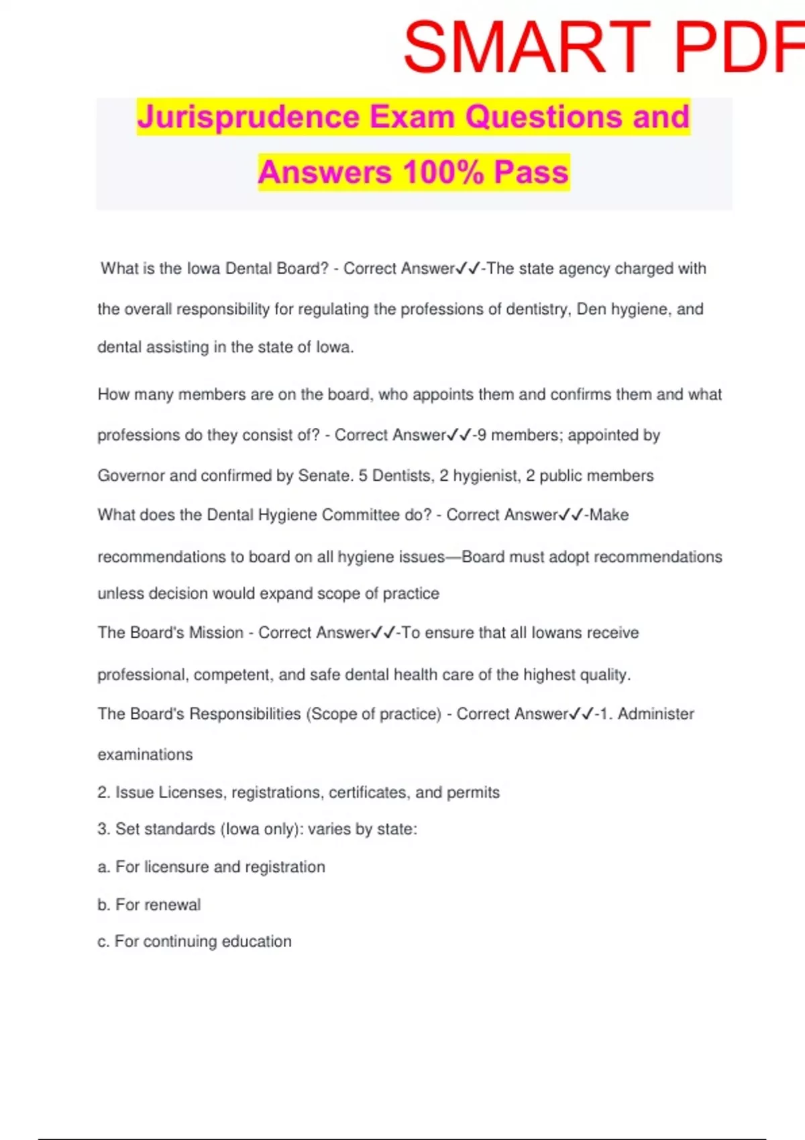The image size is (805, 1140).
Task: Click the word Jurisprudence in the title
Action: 249,117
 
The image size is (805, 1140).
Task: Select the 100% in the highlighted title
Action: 443,172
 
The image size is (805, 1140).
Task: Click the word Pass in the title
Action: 531,172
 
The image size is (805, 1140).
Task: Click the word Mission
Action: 216,632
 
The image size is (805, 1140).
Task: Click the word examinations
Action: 145,754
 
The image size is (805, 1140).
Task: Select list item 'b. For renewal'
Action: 149,905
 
